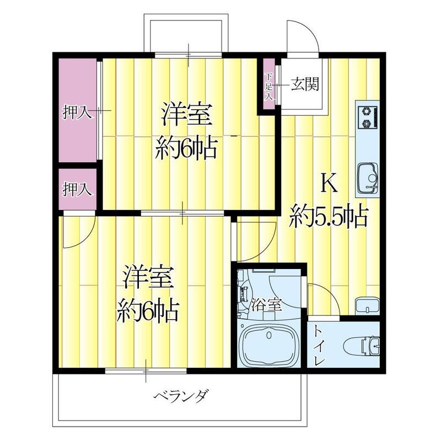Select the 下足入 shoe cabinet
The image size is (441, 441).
click(x=270, y=85)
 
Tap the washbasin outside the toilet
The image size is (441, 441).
click(x=367, y=305)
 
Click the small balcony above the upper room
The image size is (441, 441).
click(x=185, y=33)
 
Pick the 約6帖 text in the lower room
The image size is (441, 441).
click(x=146, y=311)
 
